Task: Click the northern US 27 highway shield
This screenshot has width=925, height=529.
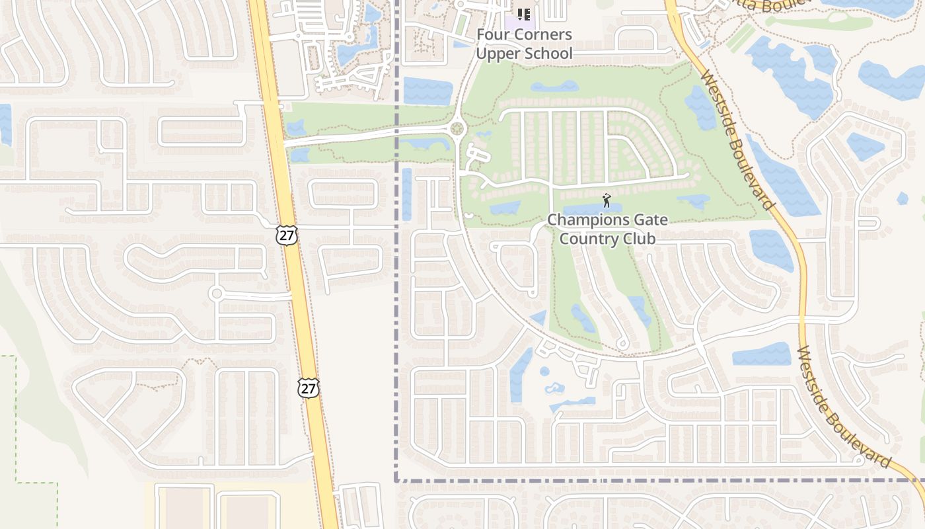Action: pos(287,235)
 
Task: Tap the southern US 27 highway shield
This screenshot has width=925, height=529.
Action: pos(308,387)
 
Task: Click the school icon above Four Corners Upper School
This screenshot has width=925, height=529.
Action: pos(524,14)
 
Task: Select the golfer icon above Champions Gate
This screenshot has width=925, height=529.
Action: pos(607,200)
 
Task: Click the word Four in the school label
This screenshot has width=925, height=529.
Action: pos(495,34)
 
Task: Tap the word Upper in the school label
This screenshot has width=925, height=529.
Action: pos(498,54)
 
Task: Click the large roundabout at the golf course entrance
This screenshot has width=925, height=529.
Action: pos(457,128)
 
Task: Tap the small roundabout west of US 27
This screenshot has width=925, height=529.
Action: pos(216,293)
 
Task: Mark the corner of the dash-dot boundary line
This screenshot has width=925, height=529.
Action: pos(396,481)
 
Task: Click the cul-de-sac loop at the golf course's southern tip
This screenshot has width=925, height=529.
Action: pos(622,343)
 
